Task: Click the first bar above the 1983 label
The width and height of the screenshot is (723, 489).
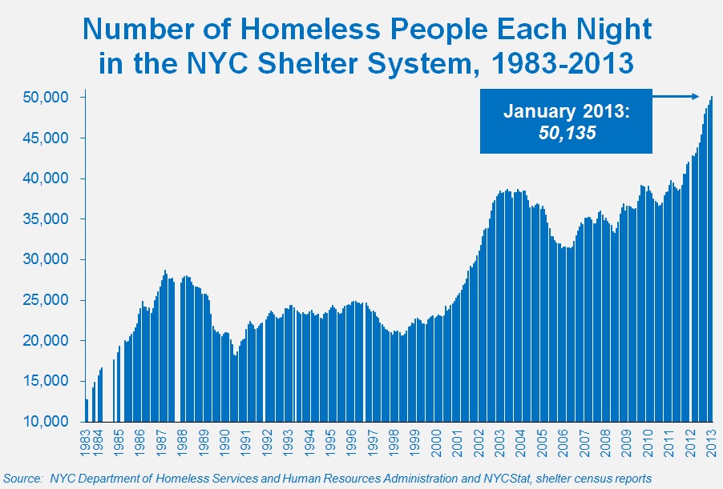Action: click(86, 410)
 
